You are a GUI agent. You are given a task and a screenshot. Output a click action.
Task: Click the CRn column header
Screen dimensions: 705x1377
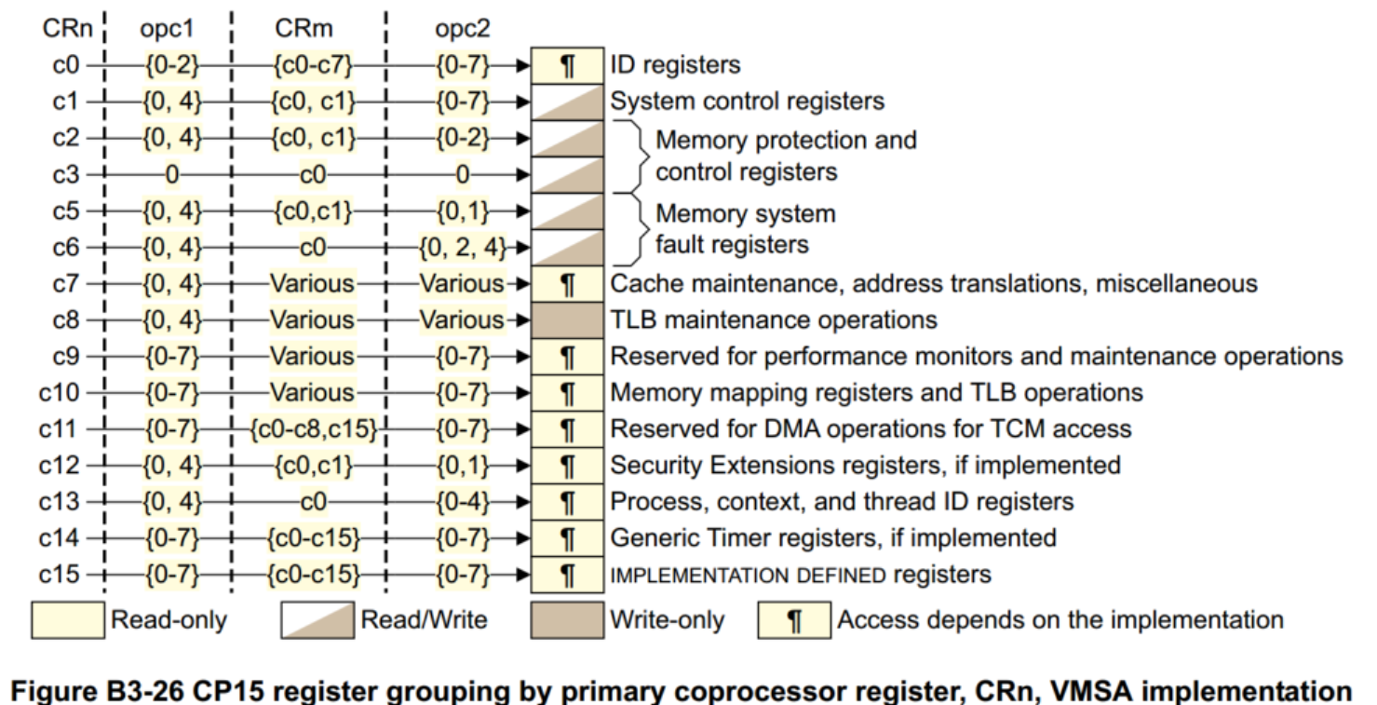click(x=66, y=28)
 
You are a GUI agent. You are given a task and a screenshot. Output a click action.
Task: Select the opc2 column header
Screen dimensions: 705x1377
click(x=463, y=28)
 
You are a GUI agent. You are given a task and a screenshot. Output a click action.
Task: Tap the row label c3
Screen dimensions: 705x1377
click(x=66, y=173)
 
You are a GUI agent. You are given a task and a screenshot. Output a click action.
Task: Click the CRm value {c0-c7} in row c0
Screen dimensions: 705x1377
click(x=312, y=65)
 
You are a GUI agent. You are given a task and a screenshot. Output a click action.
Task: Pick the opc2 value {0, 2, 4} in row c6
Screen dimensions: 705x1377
click(x=462, y=247)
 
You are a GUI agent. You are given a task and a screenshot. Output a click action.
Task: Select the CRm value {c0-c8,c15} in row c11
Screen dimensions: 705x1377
click(x=312, y=428)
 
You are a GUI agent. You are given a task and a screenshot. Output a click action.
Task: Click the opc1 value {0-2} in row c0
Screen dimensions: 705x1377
click(x=171, y=65)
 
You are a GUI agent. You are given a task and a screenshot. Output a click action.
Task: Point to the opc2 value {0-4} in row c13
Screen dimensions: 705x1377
click(x=462, y=501)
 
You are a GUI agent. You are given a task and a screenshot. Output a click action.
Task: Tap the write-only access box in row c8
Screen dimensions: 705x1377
click(x=566, y=319)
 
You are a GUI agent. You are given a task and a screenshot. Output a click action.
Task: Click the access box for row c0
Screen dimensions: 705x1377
click(x=566, y=65)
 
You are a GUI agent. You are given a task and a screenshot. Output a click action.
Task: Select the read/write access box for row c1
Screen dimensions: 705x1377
click(x=566, y=102)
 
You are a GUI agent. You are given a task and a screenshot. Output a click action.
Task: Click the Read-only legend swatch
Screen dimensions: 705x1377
click(x=67, y=619)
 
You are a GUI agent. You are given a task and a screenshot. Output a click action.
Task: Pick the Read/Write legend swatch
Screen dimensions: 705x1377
click(x=317, y=619)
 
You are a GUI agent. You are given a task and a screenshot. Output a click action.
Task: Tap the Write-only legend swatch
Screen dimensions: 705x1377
click(x=566, y=619)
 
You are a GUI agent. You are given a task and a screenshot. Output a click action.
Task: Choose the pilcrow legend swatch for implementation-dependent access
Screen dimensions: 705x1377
click(x=794, y=619)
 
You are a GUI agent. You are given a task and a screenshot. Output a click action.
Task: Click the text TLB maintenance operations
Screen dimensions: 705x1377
click(x=773, y=319)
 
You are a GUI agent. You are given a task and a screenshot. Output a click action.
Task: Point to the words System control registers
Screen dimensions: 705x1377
click(x=747, y=102)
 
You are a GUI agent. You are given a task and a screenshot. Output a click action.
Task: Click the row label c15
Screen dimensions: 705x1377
click(x=61, y=574)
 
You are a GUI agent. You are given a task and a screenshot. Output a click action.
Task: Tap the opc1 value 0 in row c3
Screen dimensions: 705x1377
click(x=171, y=173)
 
